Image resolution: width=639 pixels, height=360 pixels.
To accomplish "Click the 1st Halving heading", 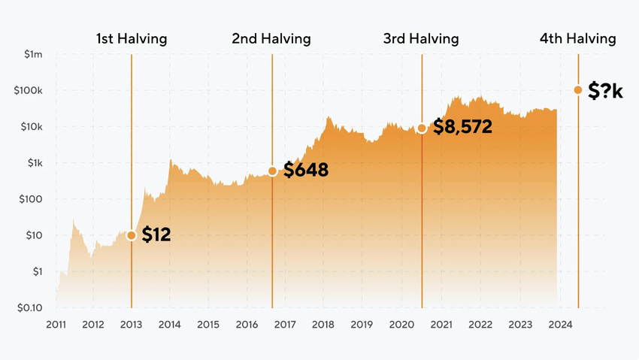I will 132,38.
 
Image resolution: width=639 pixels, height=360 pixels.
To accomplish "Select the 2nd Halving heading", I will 271,38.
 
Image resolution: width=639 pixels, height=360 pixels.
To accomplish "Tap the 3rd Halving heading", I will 421,38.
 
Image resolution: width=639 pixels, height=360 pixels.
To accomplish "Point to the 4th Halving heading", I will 577,38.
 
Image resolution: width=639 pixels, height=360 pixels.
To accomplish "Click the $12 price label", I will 156,235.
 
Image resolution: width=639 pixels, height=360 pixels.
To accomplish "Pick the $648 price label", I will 305,171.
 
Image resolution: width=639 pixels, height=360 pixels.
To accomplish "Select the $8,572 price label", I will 462,127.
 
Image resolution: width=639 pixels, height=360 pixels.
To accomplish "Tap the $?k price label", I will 605,91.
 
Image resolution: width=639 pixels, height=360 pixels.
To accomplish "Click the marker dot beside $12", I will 132,235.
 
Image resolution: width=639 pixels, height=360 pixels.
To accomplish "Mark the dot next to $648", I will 272,171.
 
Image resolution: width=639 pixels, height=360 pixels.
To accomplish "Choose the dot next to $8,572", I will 422,129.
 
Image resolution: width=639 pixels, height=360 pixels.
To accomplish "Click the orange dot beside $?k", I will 578,90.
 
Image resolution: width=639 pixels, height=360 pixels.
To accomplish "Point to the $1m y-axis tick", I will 33,54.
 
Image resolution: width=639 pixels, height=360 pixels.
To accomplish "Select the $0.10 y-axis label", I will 30,308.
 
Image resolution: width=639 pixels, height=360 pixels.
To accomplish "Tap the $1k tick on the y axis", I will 35,163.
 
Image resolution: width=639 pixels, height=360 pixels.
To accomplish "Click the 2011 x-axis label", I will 56,325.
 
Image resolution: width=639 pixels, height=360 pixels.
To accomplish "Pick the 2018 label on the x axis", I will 323,325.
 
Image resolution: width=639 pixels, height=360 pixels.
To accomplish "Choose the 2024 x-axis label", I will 559,325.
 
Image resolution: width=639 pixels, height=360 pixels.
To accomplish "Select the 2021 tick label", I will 441,325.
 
